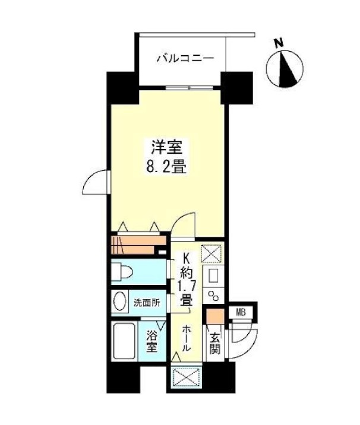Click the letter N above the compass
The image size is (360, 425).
pyautogui.click(x=277, y=43)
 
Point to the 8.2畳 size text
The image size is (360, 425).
pyautogui.click(x=166, y=167)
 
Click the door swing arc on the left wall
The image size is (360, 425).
pyautogui.click(x=96, y=183)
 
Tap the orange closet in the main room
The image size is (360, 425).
pyautogui.click(x=137, y=245)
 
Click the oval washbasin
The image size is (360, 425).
pyautogui.click(x=119, y=301)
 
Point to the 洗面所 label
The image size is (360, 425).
pyautogui.click(x=147, y=302)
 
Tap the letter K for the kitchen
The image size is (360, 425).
pyautogui.click(x=186, y=259)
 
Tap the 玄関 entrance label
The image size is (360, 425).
pyautogui.click(x=214, y=343)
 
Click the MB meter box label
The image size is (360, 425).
pyautogui.click(x=241, y=312)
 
